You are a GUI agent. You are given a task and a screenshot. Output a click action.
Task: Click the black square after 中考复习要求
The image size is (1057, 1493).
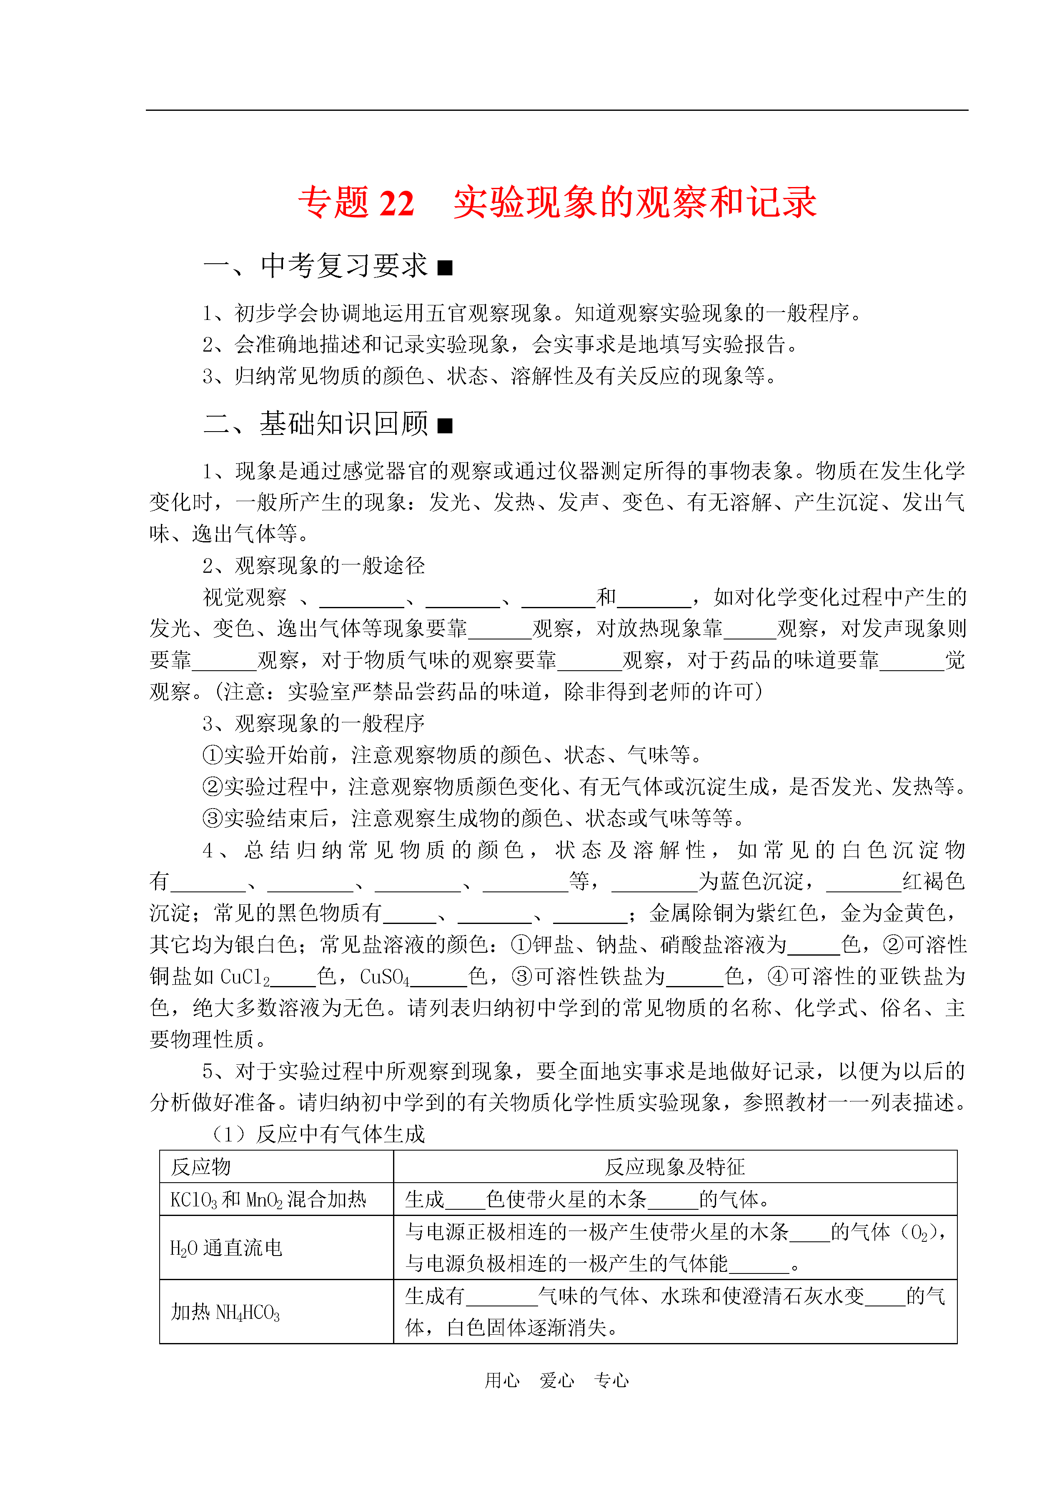[x=445, y=267]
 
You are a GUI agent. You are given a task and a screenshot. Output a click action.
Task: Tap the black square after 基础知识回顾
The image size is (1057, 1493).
[x=445, y=425]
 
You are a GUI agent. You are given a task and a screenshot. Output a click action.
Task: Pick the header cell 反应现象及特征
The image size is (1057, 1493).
[x=674, y=1166]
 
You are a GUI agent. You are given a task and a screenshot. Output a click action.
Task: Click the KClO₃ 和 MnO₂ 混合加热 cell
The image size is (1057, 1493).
[x=268, y=1199]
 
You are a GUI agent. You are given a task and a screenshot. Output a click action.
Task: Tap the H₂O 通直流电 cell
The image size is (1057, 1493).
[x=226, y=1247]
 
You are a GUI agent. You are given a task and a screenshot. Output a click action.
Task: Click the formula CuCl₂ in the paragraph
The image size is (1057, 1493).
[x=245, y=976]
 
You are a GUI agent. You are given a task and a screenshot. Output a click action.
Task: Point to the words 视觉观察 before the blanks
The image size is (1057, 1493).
[x=245, y=597]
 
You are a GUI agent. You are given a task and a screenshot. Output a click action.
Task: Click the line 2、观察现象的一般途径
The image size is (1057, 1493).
[x=314, y=565]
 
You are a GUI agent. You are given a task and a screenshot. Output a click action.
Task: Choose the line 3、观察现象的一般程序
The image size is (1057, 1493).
[x=314, y=724]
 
